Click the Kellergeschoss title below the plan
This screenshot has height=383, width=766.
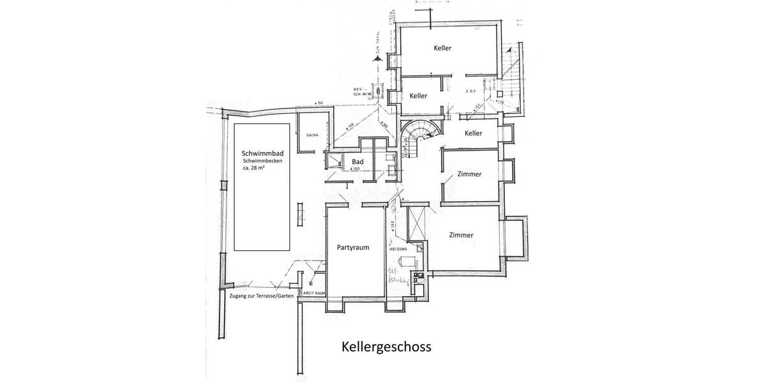[x=385, y=347]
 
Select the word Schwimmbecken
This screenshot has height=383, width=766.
[x=261, y=161]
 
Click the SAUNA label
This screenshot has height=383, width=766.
[x=312, y=135]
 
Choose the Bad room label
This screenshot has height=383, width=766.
[x=357, y=163]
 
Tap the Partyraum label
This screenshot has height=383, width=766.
[x=354, y=246]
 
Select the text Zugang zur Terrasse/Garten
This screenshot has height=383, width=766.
[x=261, y=298]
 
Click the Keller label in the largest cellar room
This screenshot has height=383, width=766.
[x=442, y=49]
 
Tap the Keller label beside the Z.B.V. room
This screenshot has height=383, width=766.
[x=418, y=96]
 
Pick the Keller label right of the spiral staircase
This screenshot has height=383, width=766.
[x=473, y=133]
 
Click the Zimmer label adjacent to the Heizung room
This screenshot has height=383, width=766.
[x=461, y=235]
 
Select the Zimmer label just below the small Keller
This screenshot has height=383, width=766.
[x=469, y=174]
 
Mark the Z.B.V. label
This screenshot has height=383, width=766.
[x=470, y=91]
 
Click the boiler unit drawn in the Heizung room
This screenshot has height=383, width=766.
[x=407, y=262]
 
